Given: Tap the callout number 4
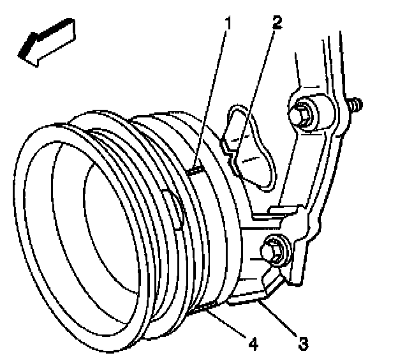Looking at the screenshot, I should [x=253, y=345].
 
